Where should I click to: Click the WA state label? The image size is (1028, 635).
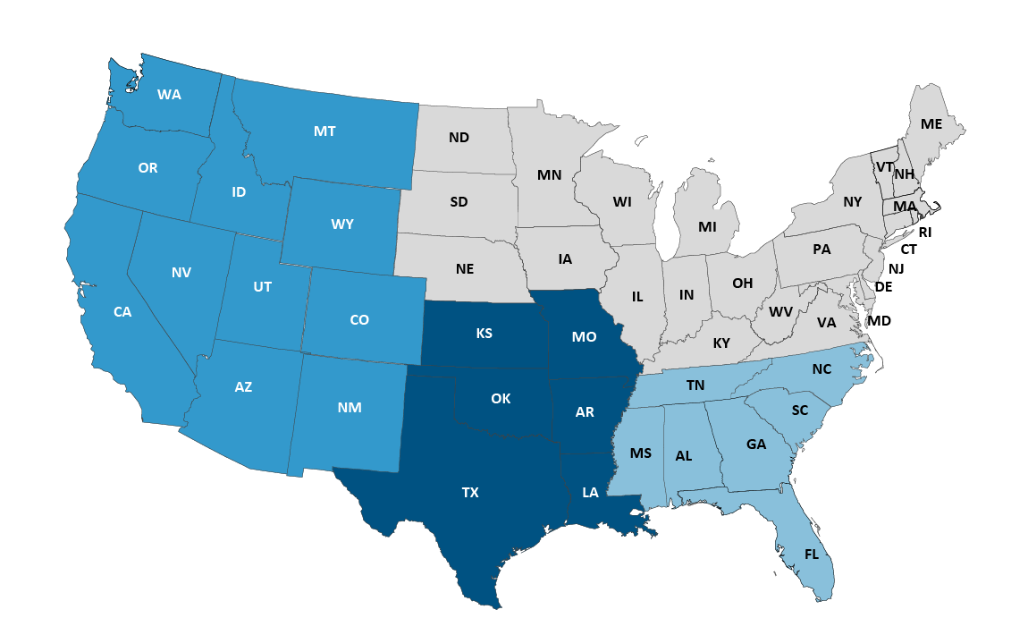tap(169, 94)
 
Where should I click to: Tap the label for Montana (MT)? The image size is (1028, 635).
tap(324, 131)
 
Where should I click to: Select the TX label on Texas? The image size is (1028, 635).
tap(470, 492)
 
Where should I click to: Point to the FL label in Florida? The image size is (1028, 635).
tap(812, 555)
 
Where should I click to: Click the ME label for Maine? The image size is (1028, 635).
tap(931, 124)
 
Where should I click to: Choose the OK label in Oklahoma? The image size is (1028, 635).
tap(501, 399)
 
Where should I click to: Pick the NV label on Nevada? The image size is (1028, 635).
tap(181, 272)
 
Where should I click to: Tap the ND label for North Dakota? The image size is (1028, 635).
tap(459, 137)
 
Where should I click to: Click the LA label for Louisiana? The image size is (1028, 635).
tap(590, 492)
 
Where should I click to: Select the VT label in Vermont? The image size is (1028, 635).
tap(884, 167)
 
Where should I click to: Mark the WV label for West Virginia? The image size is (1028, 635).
tap(781, 312)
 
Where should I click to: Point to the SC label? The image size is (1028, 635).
tap(800, 411)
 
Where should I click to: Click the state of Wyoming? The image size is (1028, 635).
tap(342, 224)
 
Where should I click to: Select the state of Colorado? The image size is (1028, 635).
tap(359, 319)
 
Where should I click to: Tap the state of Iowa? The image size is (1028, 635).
tap(565, 259)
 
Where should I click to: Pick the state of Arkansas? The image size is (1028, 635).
tap(585, 412)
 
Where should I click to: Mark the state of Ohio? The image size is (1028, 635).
tap(743, 284)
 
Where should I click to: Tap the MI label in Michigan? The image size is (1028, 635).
tap(707, 227)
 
